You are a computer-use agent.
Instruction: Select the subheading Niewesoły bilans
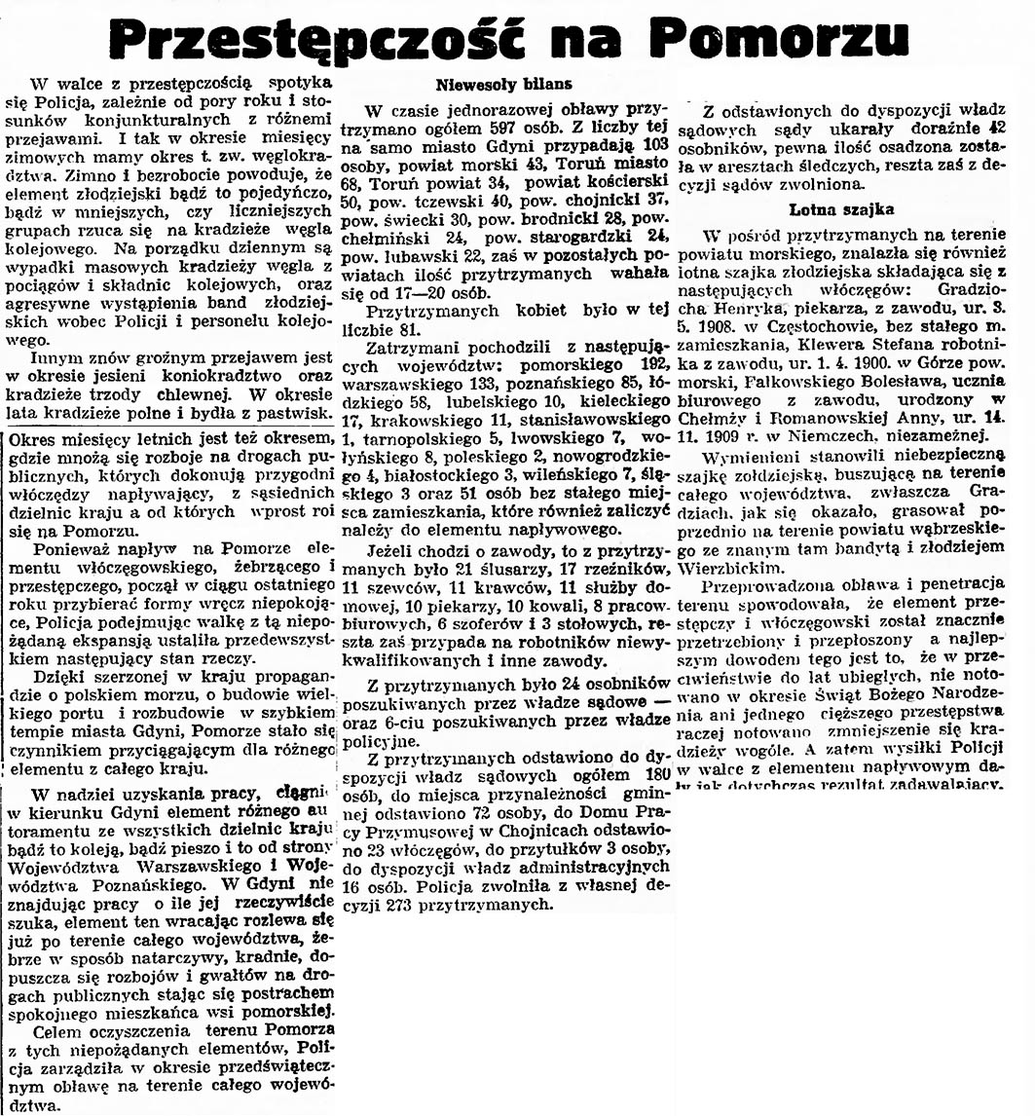[x=503, y=84]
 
